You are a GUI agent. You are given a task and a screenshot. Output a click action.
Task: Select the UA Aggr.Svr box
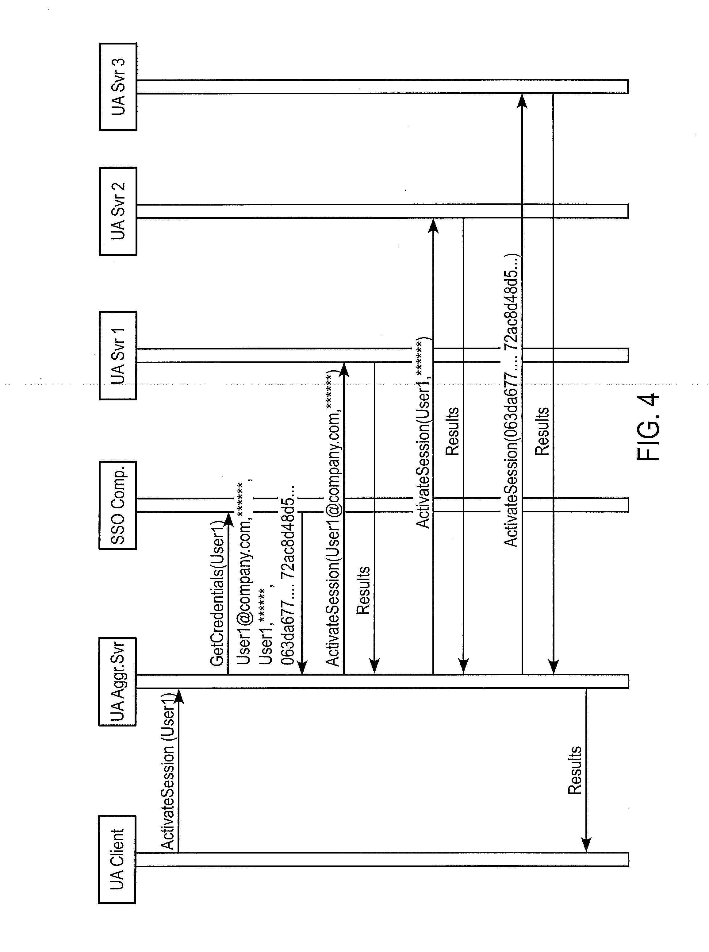pyautogui.click(x=117, y=681)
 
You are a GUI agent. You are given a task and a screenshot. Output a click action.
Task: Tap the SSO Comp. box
pyautogui.click(x=117, y=505)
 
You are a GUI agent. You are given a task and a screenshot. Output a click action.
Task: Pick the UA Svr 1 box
pyautogui.click(x=117, y=356)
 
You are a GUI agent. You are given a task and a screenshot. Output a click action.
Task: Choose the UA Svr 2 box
pyautogui.click(x=117, y=211)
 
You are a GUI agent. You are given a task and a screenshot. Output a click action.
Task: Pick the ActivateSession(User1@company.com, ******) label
pyautogui.click(x=332, y=522)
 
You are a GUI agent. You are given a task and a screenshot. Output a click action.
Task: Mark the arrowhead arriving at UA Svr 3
pyautogui.click(x=522, y=100)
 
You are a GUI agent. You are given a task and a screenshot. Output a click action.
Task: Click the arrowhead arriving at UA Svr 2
pyautogui.click(x=433, y=225)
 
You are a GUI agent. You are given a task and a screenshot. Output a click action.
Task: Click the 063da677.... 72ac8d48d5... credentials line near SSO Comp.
pyautogui.click(x=288, y=575)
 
